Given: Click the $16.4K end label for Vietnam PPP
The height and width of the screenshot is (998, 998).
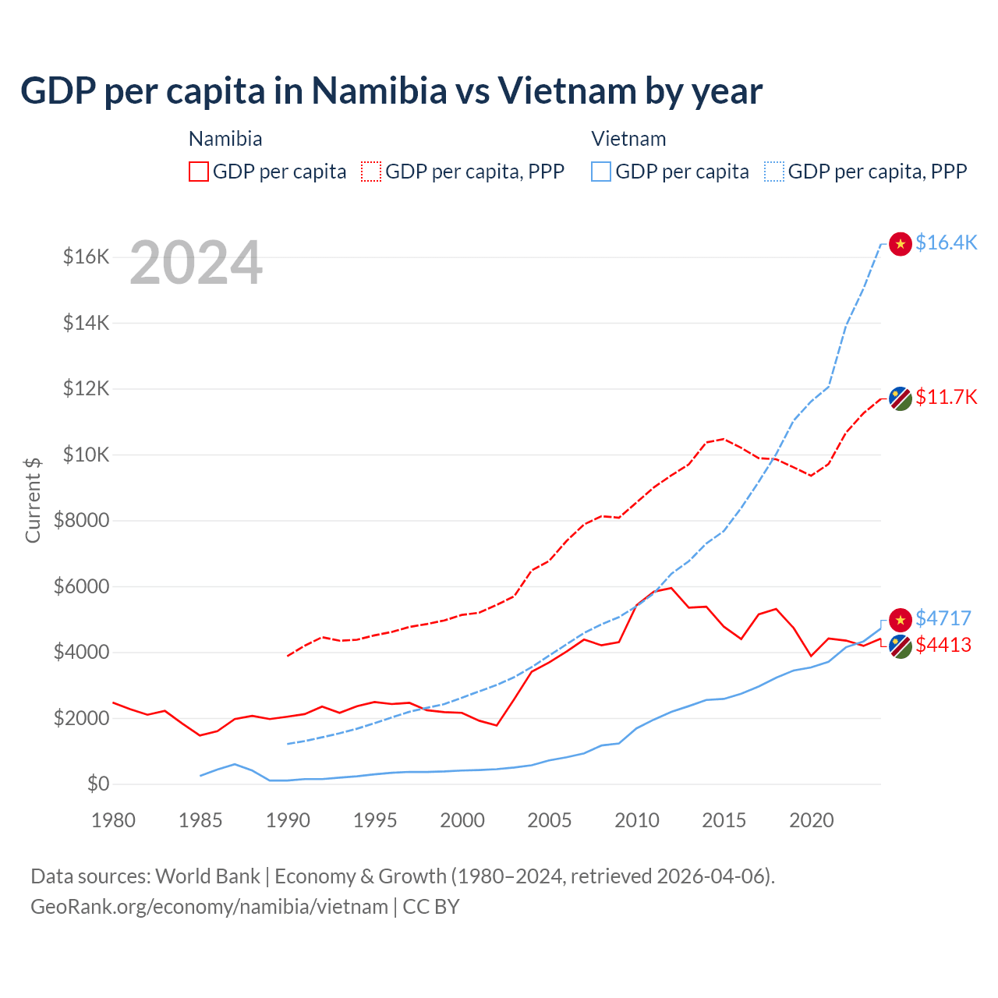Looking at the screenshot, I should pos(946,242).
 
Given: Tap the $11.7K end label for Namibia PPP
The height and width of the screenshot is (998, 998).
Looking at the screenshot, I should pos(946,397).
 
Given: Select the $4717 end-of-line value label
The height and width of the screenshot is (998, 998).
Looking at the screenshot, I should pos(943,618).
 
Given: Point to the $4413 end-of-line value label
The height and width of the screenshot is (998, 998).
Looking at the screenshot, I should pos(943,645).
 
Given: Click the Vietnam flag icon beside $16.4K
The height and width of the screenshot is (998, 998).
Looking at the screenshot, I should pos(901,243).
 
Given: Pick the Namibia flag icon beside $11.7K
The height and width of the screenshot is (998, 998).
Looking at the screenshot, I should pos(901,398).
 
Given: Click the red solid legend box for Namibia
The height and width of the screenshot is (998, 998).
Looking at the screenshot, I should pos(199,172).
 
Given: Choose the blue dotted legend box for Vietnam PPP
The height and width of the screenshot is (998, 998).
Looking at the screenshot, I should pos(774,172).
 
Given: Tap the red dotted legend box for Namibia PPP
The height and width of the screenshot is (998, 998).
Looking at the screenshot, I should pos(371,172).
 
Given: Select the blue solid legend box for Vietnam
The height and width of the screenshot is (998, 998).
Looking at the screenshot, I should pos(601,172).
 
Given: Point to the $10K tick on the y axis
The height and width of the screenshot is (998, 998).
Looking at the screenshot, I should pos(86,455).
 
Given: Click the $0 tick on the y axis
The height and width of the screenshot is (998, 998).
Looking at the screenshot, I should pos(97,784).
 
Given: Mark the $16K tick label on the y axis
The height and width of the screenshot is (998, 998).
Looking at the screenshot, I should pos(86,257).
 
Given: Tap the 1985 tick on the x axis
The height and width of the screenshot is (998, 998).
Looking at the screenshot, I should pos(200,820).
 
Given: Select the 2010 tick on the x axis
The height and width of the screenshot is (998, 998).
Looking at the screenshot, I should pos(637,820).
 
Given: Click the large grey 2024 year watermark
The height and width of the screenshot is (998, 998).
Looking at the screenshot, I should pos(196,263).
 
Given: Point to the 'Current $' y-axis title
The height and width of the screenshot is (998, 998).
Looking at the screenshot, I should pos(33,500).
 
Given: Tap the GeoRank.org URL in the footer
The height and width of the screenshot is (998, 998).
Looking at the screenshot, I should pos(209,907).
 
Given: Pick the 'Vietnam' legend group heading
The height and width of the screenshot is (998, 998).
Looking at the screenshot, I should pos(628,139).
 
